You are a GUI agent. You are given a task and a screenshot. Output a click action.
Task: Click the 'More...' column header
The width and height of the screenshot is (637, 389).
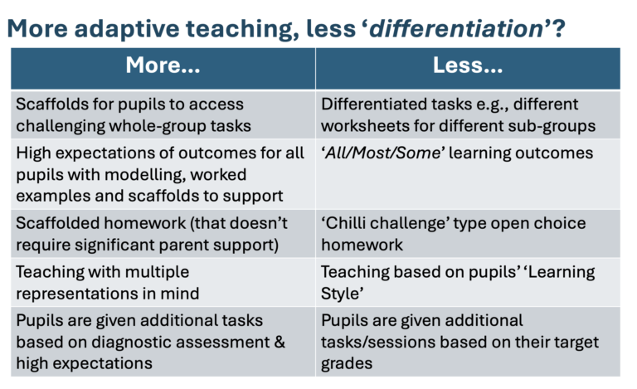163,67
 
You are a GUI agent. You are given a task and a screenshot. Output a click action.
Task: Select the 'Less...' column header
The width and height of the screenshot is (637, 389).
468,67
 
